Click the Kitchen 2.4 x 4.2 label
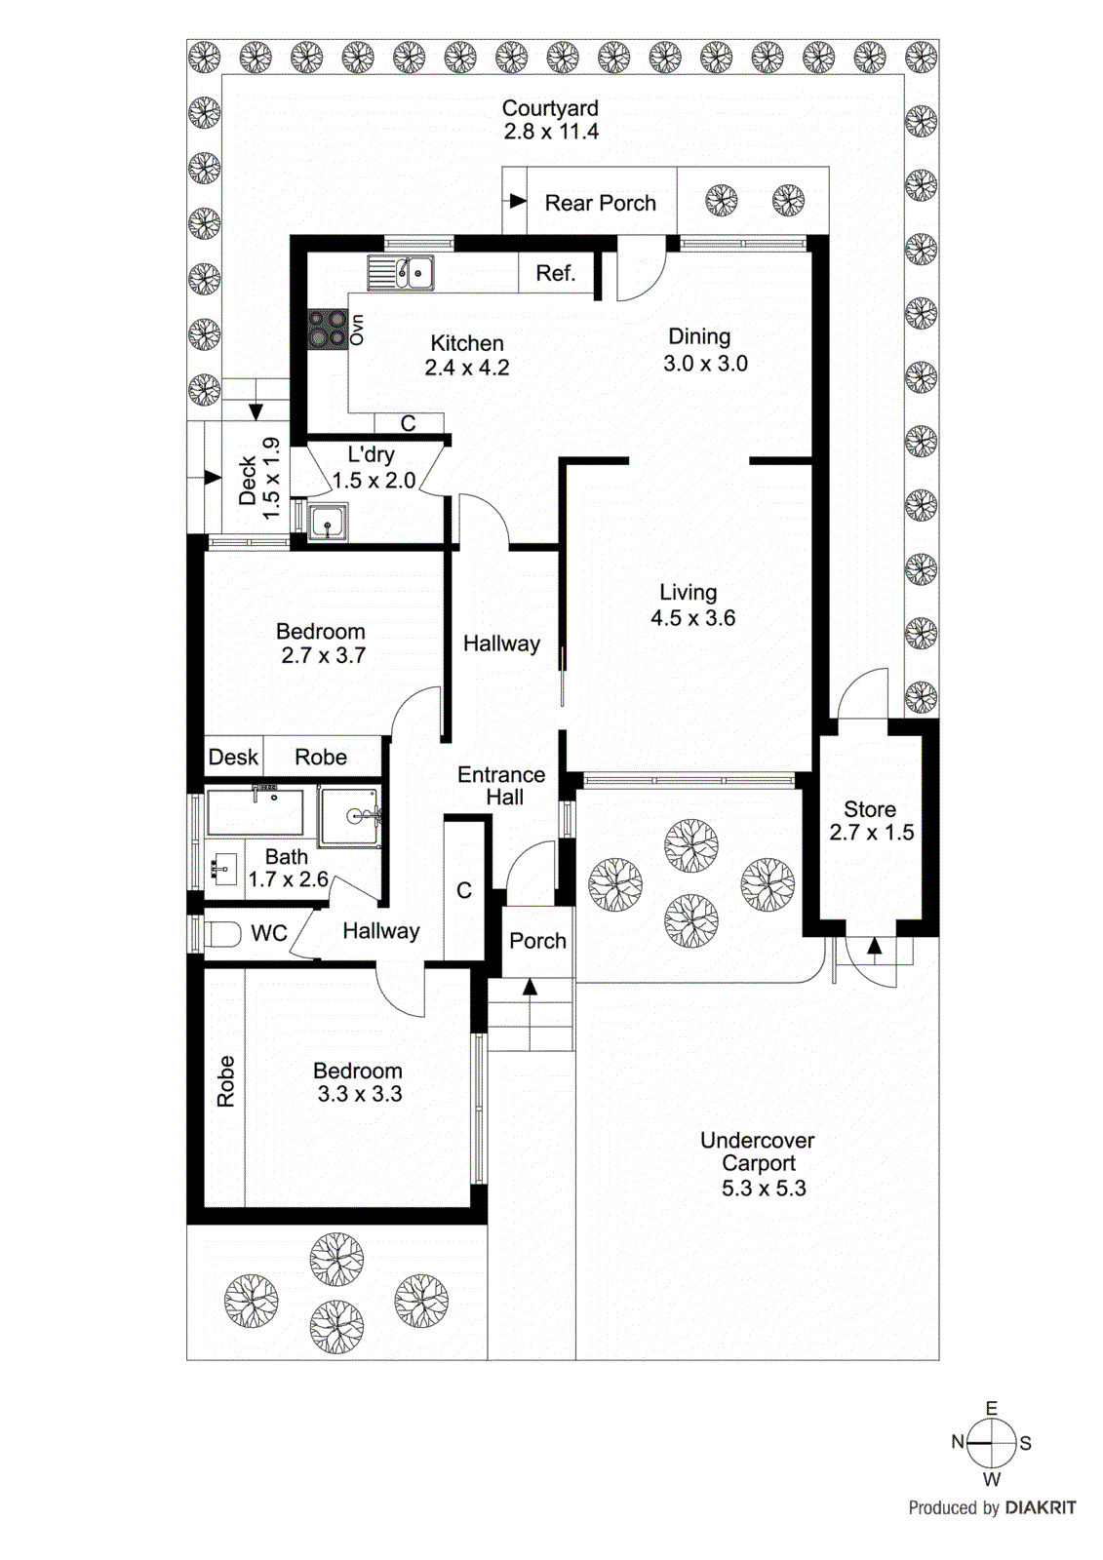467,355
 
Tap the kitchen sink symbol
401,273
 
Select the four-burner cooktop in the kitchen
328,329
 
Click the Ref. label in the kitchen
555,274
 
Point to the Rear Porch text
600,203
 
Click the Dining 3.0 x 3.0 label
703,350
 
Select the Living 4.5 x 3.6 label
691,604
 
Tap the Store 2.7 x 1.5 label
871,821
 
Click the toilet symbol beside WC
221,934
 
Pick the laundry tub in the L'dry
328,522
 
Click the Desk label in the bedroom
233,758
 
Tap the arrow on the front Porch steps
530,987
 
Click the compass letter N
958,1442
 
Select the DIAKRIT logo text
1041,1508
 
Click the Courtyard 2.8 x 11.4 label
550,120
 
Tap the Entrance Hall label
501,786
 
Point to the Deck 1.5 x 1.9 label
259,478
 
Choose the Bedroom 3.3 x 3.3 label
358,1082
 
